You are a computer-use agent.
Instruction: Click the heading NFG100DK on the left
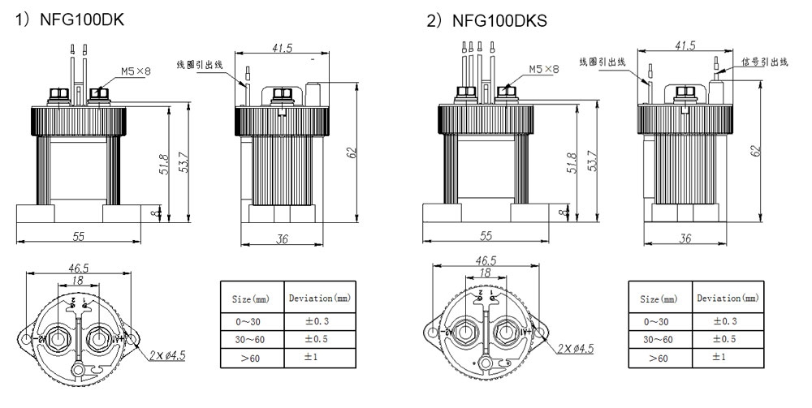point(80,18)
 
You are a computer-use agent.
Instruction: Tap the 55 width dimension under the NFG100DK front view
point(79,236)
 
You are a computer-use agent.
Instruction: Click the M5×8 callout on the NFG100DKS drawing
point(543,70)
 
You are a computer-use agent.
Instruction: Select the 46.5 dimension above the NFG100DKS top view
point(485,261)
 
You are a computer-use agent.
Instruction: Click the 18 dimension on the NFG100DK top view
point(78,279)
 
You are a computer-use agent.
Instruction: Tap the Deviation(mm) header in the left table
point(320,298)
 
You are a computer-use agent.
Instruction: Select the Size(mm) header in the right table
point(659,299)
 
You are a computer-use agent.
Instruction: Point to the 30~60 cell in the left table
point(252,339)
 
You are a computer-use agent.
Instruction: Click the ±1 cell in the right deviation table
point(727,357)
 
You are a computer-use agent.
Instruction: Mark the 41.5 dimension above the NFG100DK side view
point(282,48)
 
